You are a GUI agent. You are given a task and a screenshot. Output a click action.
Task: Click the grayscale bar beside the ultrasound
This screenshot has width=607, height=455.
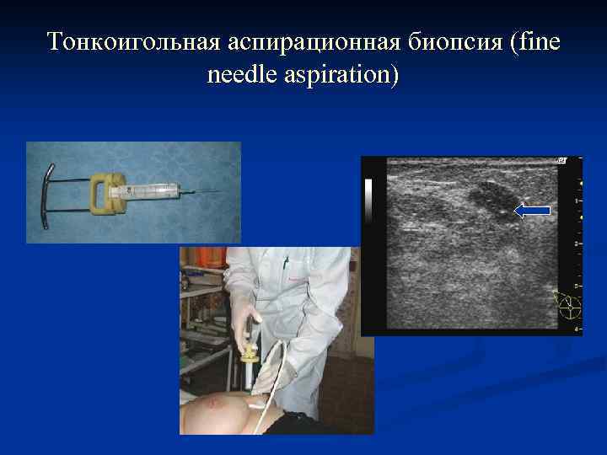(369, 199)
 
